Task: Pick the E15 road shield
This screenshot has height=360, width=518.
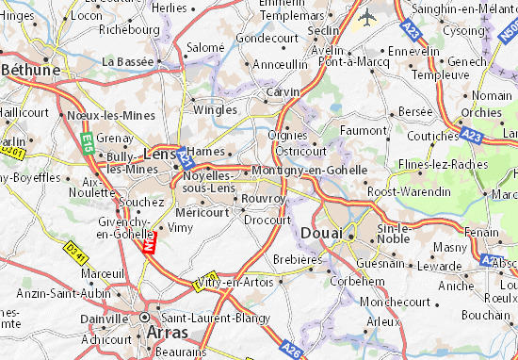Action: point(85,141)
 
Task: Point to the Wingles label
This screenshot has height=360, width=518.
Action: point(215,108)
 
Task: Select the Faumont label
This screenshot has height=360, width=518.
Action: point(363,130)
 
